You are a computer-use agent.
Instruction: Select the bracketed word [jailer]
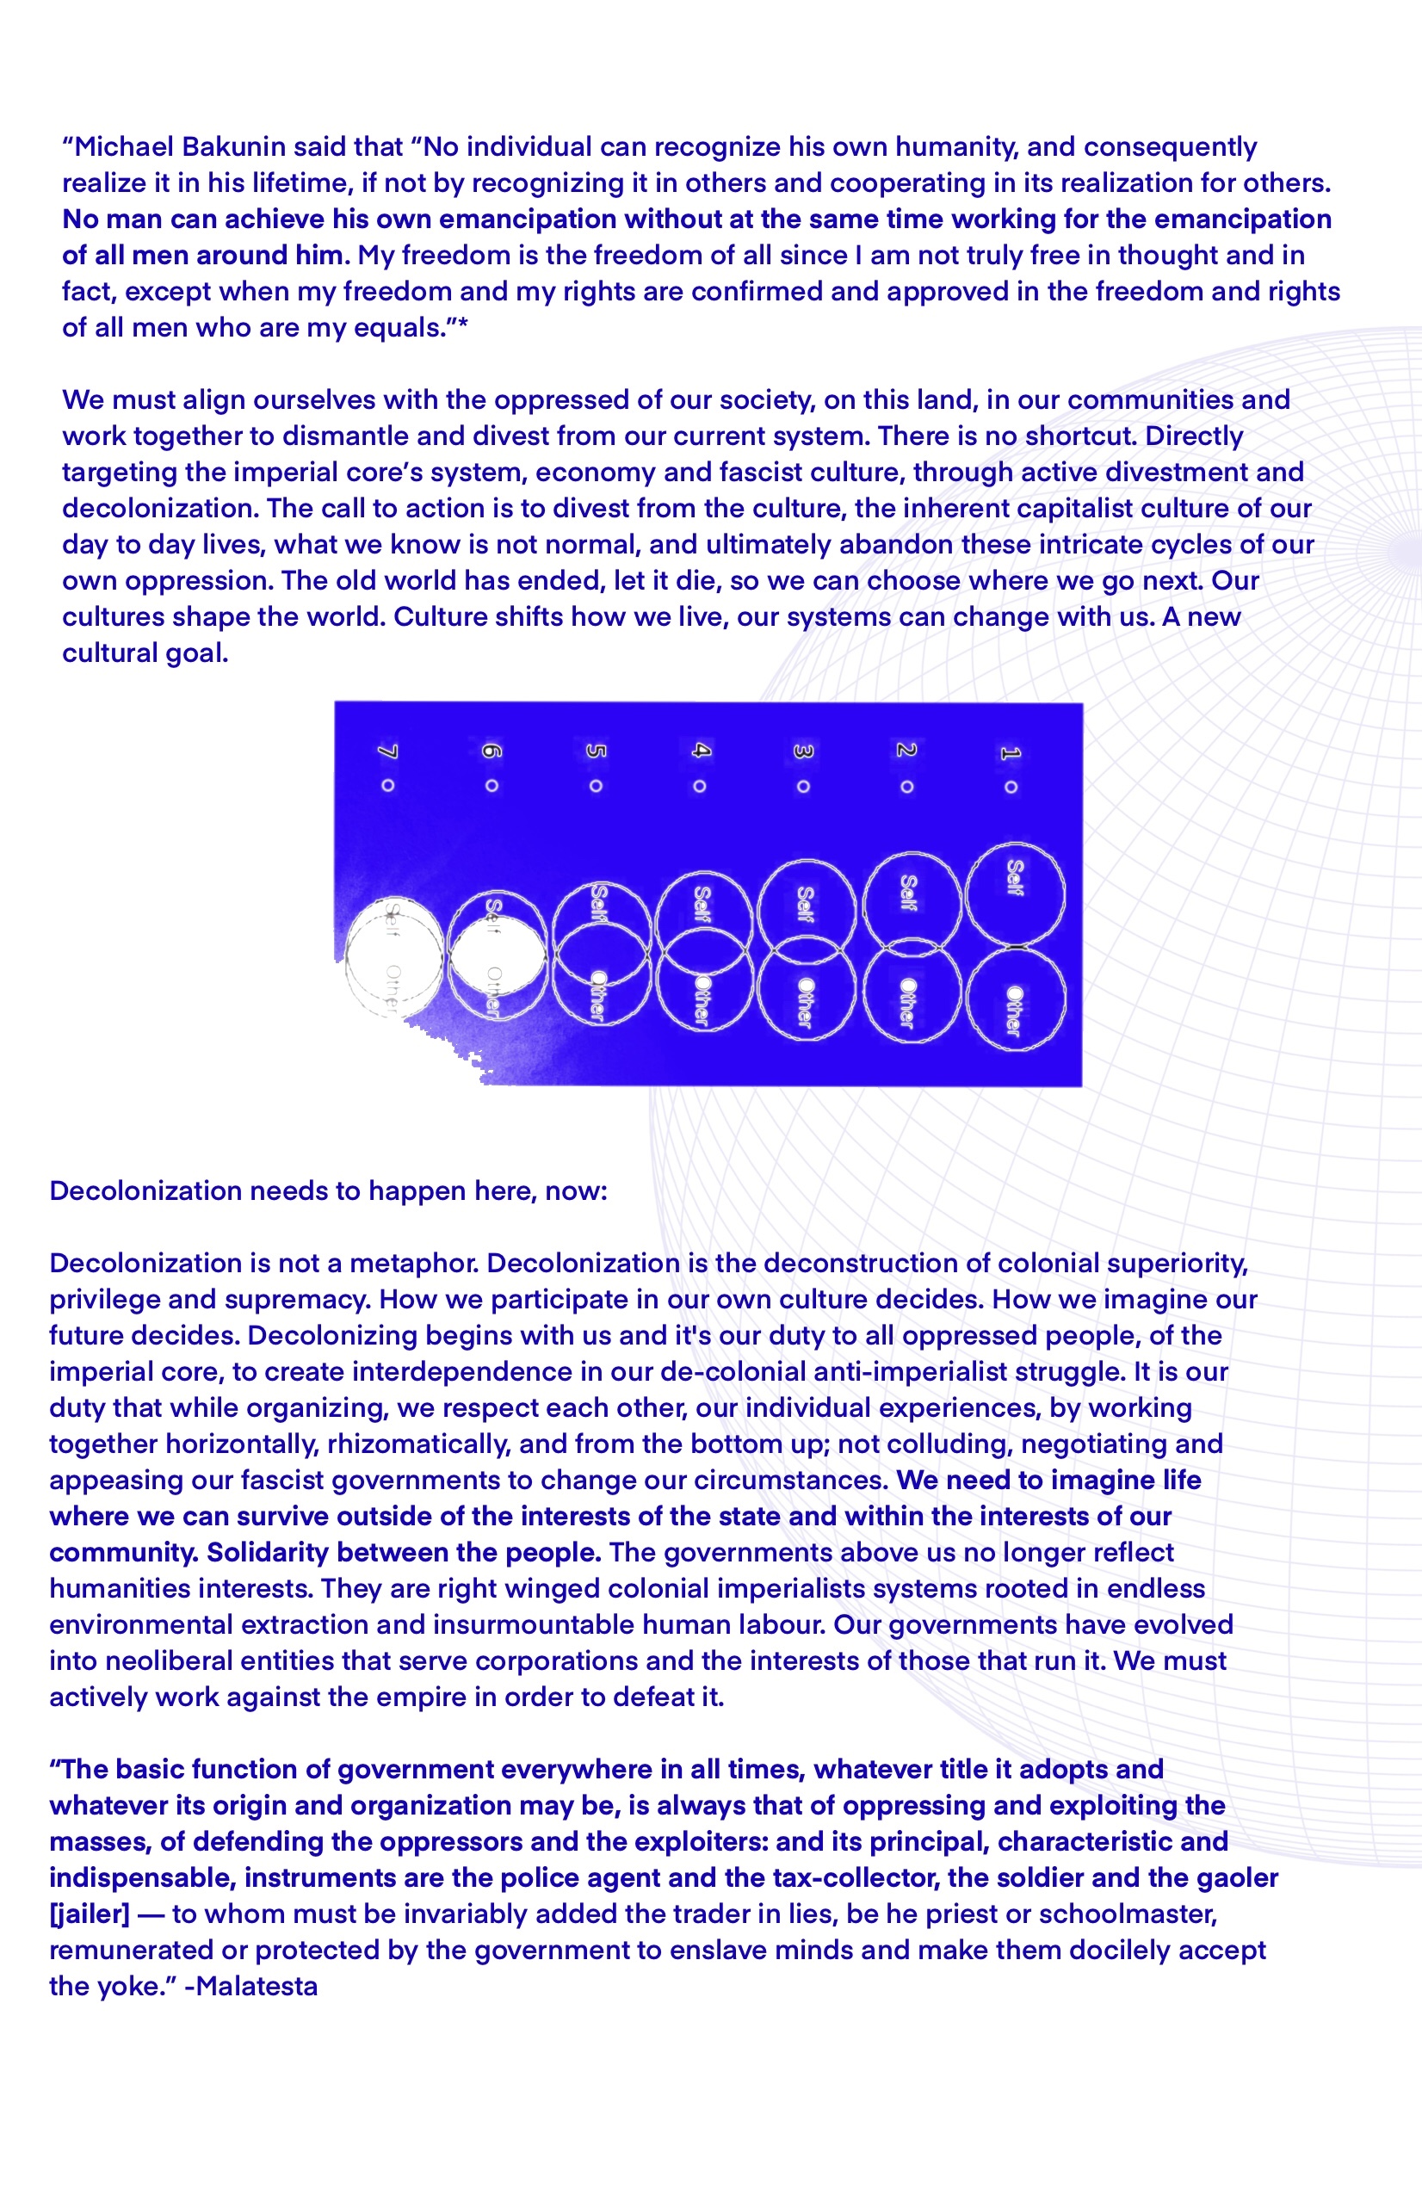tap(90, 1914)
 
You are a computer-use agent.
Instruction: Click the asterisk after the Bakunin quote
tap(463, 325)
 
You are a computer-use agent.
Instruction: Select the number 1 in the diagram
tap(1011, 752)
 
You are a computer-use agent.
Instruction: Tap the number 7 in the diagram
tap(388, 752)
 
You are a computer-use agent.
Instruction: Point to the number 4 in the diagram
tap(700, 751)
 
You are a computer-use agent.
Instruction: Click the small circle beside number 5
tap(596, 786)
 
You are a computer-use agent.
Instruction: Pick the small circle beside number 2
tap(907, 787)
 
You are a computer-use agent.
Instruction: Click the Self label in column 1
tap(1014, 877)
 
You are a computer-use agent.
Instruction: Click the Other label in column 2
tap(908, 1003)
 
